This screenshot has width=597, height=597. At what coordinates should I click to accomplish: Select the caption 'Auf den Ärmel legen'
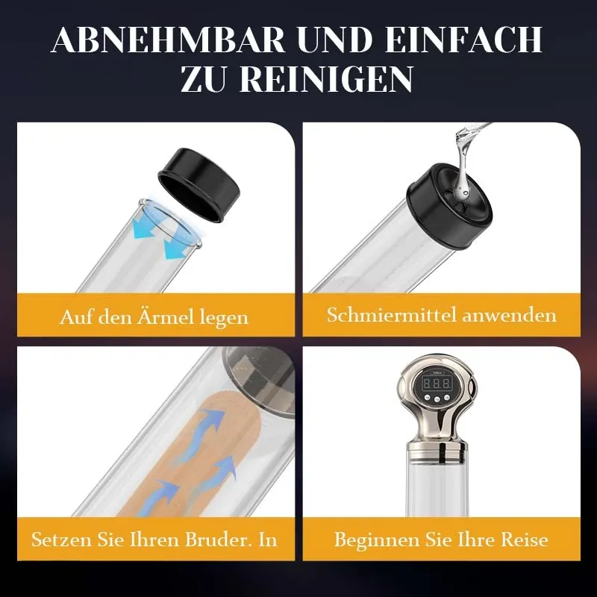click(154, 317)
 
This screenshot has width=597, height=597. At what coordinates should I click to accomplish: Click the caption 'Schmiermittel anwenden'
click(442, 314)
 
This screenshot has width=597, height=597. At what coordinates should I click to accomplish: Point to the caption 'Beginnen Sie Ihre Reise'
click(441, 539)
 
